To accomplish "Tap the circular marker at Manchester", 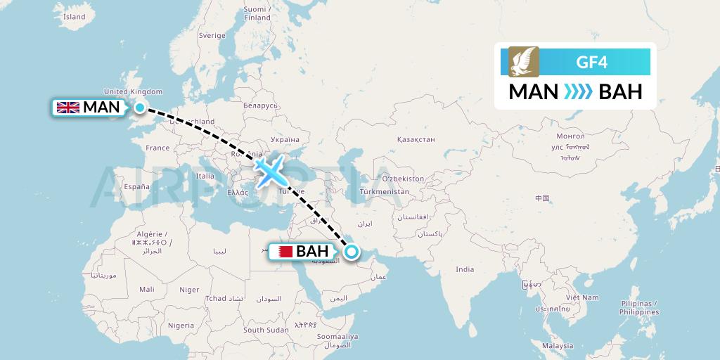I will (x=140, y=108).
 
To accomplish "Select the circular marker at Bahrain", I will (x=351, y=252).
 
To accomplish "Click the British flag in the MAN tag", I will (x=68, y=108).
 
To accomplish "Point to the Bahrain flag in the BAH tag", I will (x=282, y=252).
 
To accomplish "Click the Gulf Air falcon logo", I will (x=523, y=62).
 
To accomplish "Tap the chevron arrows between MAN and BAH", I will (x=579, y=92).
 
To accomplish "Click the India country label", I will (x=464, y=269).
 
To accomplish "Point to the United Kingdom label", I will (x=133, y=91).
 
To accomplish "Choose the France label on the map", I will (x=157, y=148).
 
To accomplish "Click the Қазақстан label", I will (x=416, y=140).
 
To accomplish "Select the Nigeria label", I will (x=181, y=326).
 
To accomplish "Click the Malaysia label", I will (x=558, y=346).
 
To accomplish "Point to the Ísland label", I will (x=74, y=17).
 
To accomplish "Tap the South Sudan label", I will (x=265, y=330).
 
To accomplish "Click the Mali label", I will (x=147, y=289).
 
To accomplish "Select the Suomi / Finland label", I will (x=257, y=13).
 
